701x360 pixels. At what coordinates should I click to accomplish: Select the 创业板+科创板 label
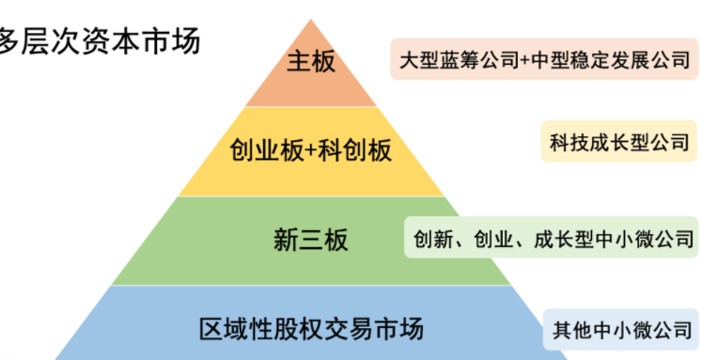click(x=310, y=149)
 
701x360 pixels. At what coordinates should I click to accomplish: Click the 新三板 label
click(x=310, y=240)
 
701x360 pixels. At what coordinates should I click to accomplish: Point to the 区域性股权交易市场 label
click(x=311, y=329)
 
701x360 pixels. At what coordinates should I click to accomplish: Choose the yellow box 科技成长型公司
click(x=620, y=143)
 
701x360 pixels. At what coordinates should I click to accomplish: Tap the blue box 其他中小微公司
click(x=621, y=331)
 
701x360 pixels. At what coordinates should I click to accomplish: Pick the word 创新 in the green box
click(x=430, y=239)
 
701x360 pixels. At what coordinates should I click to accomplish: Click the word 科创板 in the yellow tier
click(x=357, y=149)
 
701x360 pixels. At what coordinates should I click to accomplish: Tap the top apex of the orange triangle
click(x=310, y=20)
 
